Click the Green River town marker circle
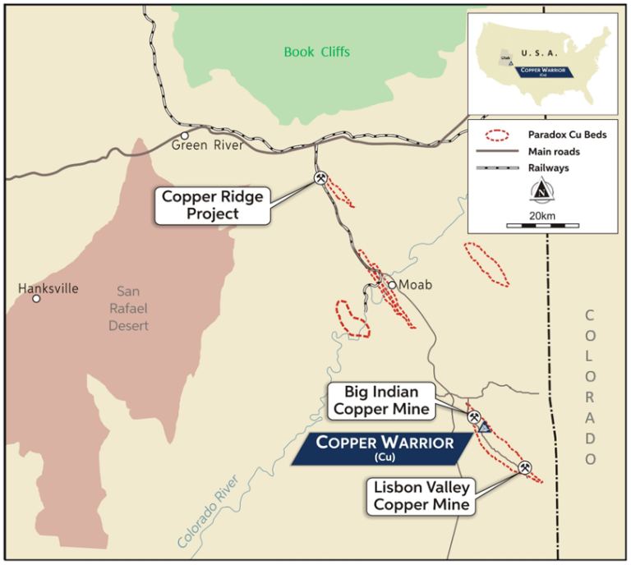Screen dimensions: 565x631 click(x=186, y=136)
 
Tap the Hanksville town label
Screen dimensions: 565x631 click(x=48, y=288)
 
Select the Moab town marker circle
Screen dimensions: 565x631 click(x=393, y=285)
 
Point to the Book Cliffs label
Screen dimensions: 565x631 click(x=317, y=52)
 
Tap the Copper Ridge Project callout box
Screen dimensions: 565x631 click(x=211, y=205)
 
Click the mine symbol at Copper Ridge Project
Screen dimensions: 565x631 click(x=320, y=178)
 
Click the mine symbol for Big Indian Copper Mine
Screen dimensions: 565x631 click(x=474, y=416)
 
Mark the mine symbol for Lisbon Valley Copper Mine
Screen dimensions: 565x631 click(x=526, y=467)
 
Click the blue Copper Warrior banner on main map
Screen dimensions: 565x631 click(x=385, y=448)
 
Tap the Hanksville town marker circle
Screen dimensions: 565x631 click(x=36, y=299)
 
